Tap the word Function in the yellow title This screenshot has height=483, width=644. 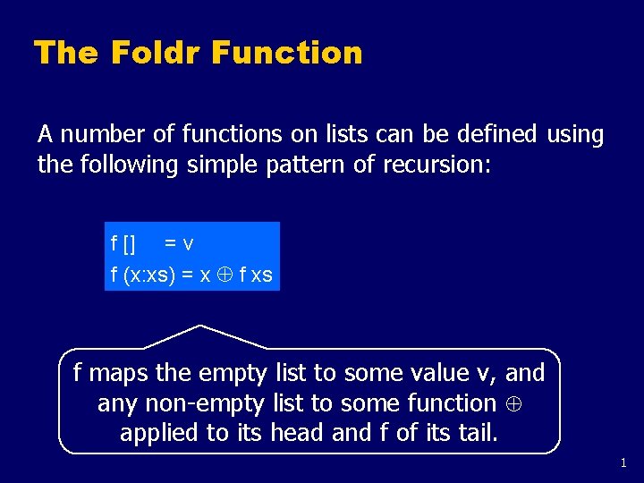[x=288, y=53]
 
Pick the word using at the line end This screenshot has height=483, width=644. [x=575, y=135]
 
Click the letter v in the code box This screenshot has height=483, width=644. [x=188, y=243]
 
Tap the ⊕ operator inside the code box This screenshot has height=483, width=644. [x=227, y=275]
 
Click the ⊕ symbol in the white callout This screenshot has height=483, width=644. [x=513, y=403]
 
